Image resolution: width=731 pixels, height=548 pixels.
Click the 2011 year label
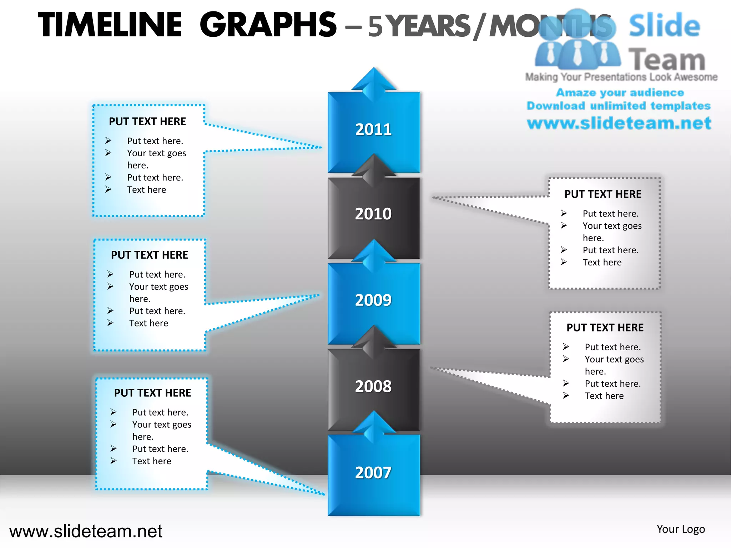[x=373, y=129]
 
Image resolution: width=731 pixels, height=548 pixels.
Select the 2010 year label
[x=373, y=214]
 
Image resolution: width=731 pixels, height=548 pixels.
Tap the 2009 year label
[x=373, y=300]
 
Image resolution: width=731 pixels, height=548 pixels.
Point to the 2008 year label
[x=373, y=386]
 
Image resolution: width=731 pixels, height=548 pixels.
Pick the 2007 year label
[x=373, y=473]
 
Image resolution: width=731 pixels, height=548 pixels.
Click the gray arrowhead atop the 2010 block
[x=374, y=168]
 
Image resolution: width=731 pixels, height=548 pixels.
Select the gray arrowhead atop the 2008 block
[x=374, y=340]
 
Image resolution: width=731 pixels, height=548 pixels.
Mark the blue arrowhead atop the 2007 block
[x=374, y=425]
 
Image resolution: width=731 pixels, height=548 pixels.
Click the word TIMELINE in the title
[x=110, y=25]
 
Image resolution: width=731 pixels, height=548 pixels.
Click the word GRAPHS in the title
[x=268, y=25]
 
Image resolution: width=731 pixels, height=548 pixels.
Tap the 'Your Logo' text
[x=681, y=529]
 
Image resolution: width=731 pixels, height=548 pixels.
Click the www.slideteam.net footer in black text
[x=86, y=531]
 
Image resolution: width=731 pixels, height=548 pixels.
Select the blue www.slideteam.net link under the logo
[x=619, y=123]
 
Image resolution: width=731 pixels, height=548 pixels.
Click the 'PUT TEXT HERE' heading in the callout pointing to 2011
[x=147, y=122]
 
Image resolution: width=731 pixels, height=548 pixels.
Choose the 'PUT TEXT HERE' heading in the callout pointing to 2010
[x=603, y=194]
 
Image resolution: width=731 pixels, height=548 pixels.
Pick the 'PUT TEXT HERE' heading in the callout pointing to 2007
[x=152, y=393]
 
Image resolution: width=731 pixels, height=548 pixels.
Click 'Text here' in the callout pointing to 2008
[x=604, y=396]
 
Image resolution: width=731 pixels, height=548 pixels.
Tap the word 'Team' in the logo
[x=667, y=60]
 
